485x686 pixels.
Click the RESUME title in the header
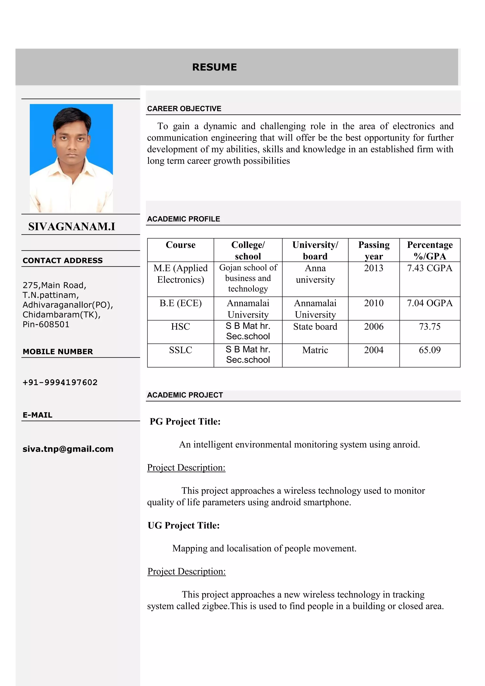pyautogui.click(x=214, y=67)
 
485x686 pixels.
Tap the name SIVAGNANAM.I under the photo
pyautogui.click(x=72, y=227)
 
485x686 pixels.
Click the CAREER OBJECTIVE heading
pyautogui.click(x=184, y=109)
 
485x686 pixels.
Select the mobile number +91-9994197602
pyautogui.click(x=60, y=382)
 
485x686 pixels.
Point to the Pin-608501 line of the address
pyautogui.click(x=46, y=324)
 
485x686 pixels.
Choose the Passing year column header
pyautogui.click(x=374, y=250)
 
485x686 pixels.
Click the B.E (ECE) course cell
pyautogui.click(x=180, y=303)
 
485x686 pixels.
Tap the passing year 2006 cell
pyautogui.click(x=374, y=327)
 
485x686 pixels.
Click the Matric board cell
pyautogui.click(x=315, y=350)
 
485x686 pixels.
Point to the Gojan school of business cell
pyautogui.click(x=248, y=278)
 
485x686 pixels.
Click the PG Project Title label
pyautogui.click(x=185, y=422)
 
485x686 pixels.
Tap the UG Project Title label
pyautogui.click(x=184, y=526)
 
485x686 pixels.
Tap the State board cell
pyautogui.click(x=315, y=327)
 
